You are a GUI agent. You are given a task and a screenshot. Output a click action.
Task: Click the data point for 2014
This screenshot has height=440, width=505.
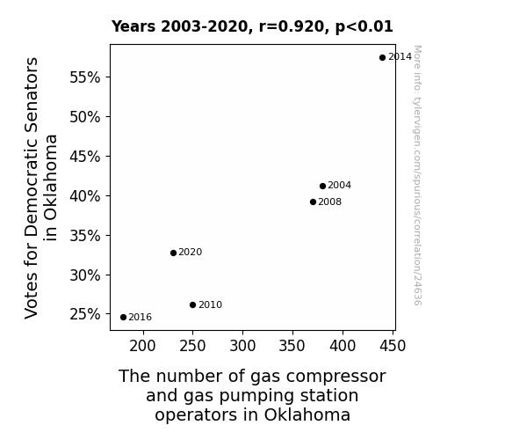(x=382, y=58)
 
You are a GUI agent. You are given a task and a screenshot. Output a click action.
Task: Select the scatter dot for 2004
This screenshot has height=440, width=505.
(x=322, y=186)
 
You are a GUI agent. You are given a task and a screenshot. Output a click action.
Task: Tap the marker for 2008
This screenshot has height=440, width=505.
(x=313, y=202)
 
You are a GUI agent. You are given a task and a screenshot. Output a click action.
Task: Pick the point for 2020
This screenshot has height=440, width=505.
(x=173, y=253)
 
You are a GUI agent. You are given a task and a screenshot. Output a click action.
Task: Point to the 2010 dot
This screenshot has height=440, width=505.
(x=193, y=305)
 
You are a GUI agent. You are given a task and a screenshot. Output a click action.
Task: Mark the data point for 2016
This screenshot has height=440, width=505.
(x=123, y=318)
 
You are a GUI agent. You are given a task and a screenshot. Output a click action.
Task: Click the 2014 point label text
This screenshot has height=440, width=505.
(x=400, y=57)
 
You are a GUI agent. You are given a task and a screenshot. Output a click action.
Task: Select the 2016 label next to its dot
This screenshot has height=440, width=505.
(x=141, y=318)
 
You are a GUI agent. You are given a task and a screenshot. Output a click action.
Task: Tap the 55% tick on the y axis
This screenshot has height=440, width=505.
(x=85, y=77)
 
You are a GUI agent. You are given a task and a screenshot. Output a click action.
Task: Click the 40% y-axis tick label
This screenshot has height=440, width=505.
(x=85, y=196)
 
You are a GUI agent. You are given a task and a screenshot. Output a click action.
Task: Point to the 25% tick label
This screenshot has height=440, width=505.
(x=85, y=314)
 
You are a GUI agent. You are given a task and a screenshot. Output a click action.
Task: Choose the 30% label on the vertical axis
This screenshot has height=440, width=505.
(x=85, y=275)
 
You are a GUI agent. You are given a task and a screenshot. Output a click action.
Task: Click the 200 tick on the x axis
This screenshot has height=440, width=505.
(x=142, y=346)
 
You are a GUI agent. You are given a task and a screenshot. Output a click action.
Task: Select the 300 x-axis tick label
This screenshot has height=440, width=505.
(x=242, y=346)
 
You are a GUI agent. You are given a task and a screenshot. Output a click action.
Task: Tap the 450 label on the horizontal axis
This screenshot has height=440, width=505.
(x=393, y=346)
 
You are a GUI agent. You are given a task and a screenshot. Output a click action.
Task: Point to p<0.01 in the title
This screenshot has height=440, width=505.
(x=364, y=27)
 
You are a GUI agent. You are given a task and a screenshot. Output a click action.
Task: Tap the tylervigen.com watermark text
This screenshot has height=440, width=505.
(x=417, y=175)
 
